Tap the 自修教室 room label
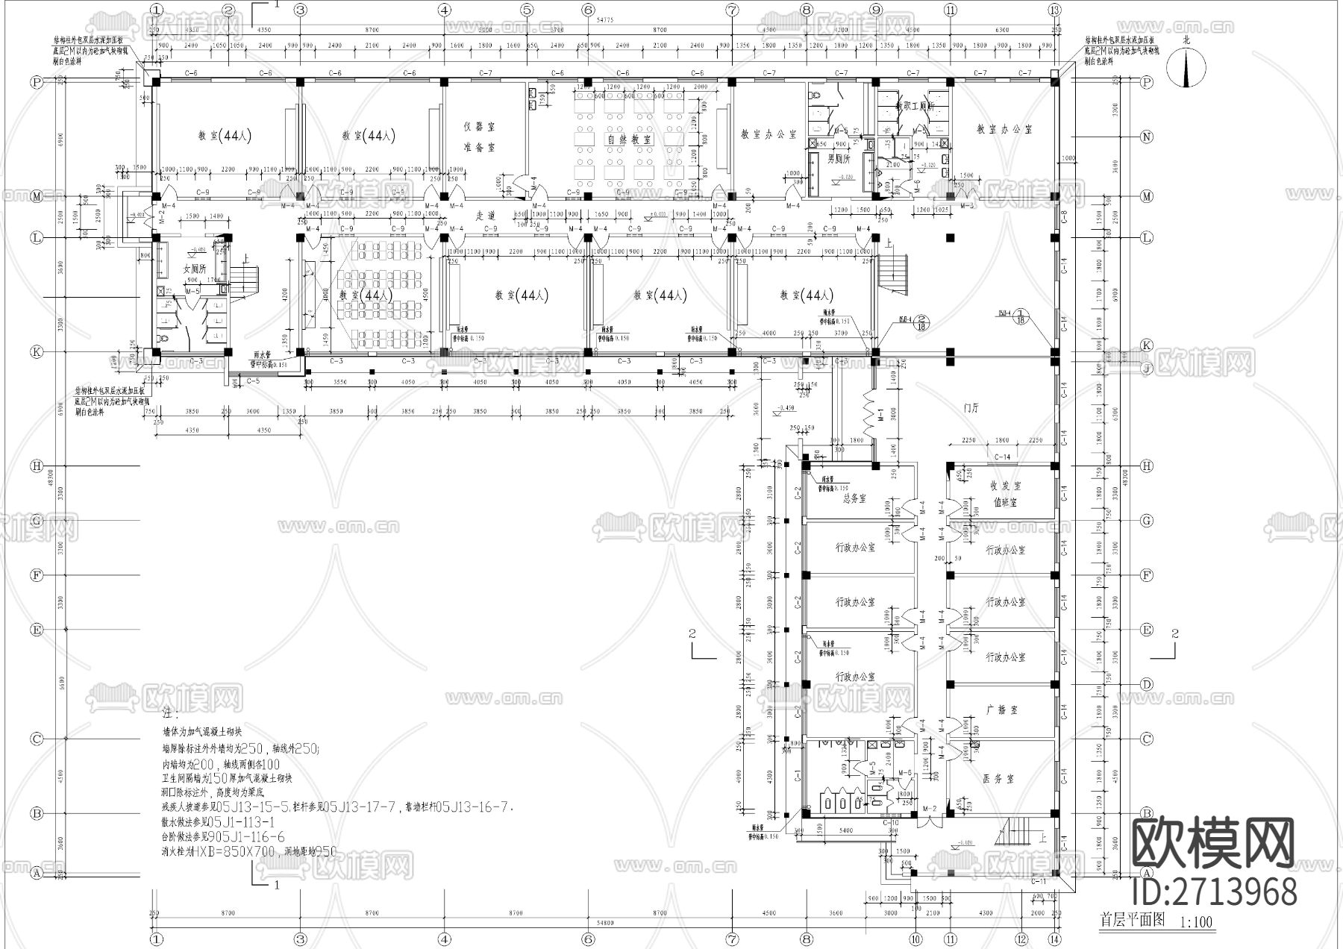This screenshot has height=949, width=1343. (x=630, y=139)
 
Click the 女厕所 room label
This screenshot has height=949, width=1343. (x=194, y=269)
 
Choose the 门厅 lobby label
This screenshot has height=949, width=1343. (x=971, y=408)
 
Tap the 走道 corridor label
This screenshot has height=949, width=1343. (x=486, y=215)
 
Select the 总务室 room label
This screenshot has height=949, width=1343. (x=854, y=498)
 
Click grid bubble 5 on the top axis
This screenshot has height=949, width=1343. (x=527, y=10)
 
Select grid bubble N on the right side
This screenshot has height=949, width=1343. (x=1148, y=137)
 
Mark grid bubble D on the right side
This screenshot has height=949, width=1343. (x=1148, y=684)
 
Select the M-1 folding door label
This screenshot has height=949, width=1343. (x=881, y=414)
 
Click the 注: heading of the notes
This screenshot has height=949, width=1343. (x=170, y=713)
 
